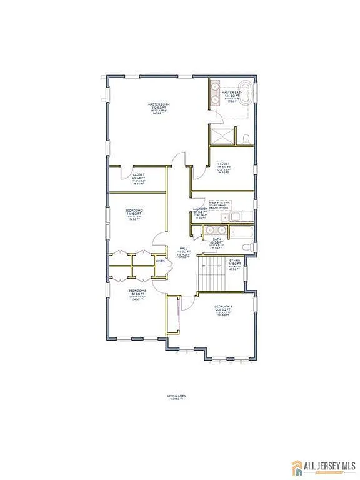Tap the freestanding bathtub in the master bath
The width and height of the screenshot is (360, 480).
[242, 92]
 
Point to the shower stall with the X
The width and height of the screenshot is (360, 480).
[221, 136]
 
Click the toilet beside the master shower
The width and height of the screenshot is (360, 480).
[246, 137]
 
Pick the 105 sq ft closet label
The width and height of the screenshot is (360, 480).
[224, 167]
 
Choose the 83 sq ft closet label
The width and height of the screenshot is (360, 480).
[139, 179]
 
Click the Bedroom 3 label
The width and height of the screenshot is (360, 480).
[137, 294]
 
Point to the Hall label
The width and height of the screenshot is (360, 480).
[184, 251]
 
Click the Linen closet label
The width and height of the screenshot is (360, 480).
[161, 261]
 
